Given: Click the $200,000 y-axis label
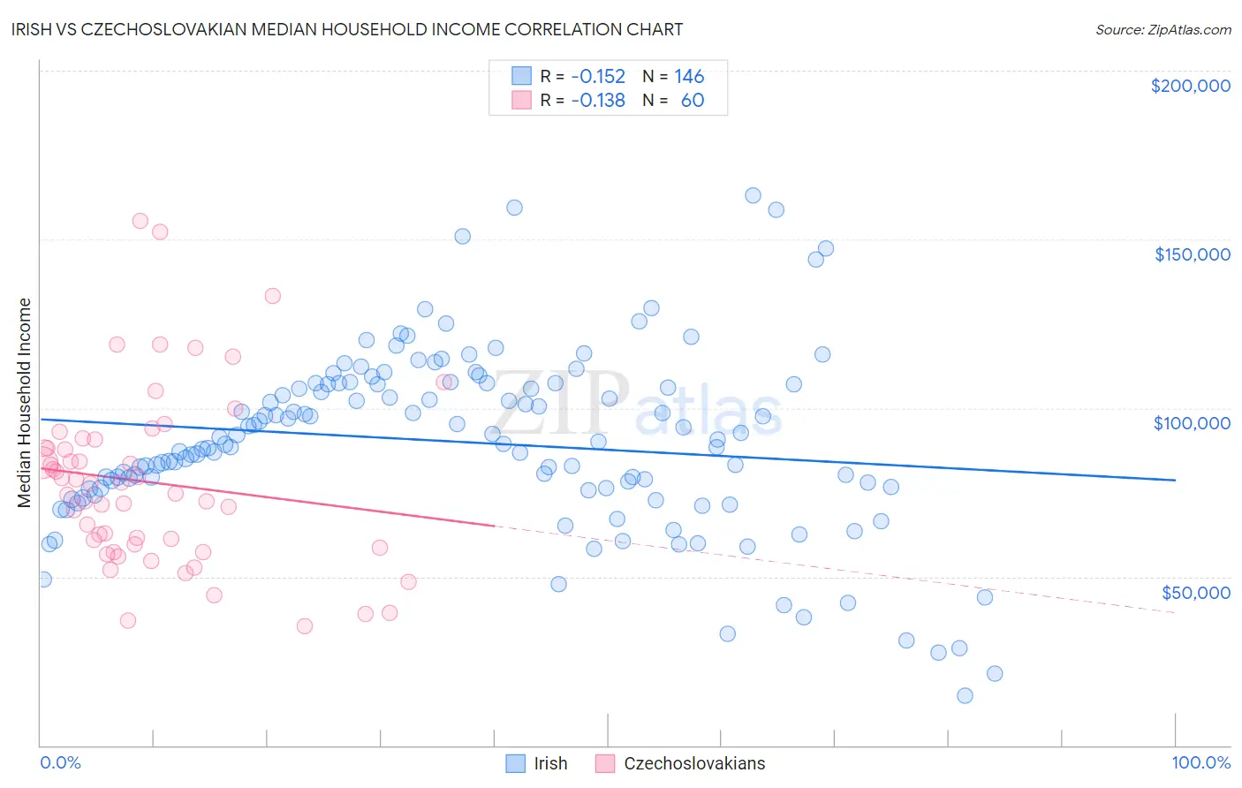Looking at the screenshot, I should [1190, 86].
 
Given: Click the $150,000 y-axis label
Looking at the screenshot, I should [1192, 254].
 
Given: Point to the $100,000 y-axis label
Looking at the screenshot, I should [1192, 423].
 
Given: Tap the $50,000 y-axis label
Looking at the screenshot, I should [1195, 592].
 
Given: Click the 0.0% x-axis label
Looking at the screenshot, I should [60, 762].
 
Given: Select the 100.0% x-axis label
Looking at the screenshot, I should [1200, 762].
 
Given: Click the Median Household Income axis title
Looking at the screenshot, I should [25, 403].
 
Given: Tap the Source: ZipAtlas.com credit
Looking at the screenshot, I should [1162, 29].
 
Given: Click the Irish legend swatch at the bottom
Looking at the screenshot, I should [515, 763].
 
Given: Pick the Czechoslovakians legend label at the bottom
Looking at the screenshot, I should [694, 763].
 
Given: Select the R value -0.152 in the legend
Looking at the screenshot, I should [598, 76].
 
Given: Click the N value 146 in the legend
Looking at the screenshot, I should [689, 76].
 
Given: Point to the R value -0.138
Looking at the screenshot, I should [598, 100].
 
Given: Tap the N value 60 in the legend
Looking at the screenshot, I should [693, 100].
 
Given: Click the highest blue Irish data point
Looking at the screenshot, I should [753, 195].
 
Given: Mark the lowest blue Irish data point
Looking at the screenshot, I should [965, 695].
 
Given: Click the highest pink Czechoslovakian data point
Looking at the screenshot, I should [140, 221].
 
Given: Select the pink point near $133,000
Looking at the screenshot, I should [272, 296].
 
